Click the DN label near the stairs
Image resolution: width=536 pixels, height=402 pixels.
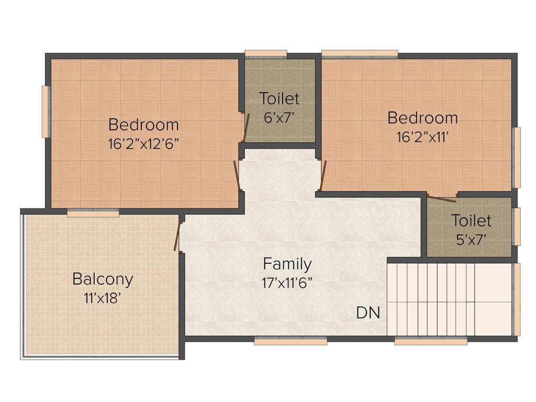pyautogui.click(x=368, y=313)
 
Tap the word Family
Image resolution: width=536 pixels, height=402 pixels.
pyautogui.click(x=287, y=263)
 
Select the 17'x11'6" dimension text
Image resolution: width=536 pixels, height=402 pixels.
pyautogui.click(x=287, y=283)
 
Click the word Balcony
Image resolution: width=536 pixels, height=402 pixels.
pyautogui.click(x=103, y=278)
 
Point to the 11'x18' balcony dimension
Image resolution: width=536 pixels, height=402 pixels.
pyautogui.click(x=103, y=298)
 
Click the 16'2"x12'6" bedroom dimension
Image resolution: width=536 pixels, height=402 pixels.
pyautogui.click(x=143, y=144)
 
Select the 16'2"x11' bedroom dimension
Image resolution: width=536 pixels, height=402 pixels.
pyautogui.click(x=422, y=137)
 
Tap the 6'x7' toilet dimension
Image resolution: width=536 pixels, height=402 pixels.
pyautogui.click(x=280, y=118)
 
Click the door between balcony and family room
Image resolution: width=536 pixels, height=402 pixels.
pyautogui.click(x=178, y=237)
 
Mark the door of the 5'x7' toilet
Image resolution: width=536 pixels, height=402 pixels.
pyautogui.click(x=441, y=198)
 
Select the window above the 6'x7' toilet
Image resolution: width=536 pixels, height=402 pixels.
pyautogui.click(x=266, y=53)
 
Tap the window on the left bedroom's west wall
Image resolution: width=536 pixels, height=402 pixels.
pyautogui.click(x=46, y=111)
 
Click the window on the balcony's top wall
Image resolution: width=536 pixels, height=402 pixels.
pyautogui.click(x=93, y=213)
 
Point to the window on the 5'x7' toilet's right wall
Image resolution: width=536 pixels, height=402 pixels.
pyautogui.click(x=517, y=227)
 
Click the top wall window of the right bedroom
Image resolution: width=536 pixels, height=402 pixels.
pyautogui.click(x=360, y=53)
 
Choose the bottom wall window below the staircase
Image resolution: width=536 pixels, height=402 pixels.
pyautogui.click(x=430, y=341)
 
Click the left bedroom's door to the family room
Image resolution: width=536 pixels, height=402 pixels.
pyautogui.click(x=237, y=175)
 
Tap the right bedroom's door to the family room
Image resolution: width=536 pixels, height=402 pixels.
pyautogui.click(x=323, y=175)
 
